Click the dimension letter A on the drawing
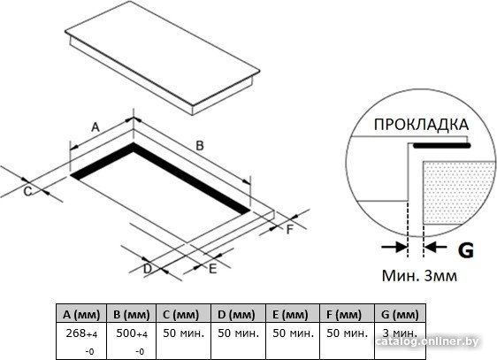tap(96, 127)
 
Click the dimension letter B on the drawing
tap(200, 146)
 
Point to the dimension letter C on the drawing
tap(28, 192)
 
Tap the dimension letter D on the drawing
tap(148, 269)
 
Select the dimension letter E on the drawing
tap(212, 269)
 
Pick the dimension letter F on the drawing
tap(290, 229)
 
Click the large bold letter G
tap(466, 250)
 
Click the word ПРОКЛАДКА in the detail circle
tap(421, 125)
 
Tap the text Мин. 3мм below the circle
tap(419, 276)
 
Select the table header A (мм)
tap(81, 315)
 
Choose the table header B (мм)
tap(132, 315)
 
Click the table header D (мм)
tap(236, 315)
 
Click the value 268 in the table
tap(76, 333)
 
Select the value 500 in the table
tap(126, 333)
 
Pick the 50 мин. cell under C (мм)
tap(184, 333)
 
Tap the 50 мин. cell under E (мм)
tap(294, 333)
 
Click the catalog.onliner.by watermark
tap(428, 341)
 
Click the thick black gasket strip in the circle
tap(441, 146)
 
